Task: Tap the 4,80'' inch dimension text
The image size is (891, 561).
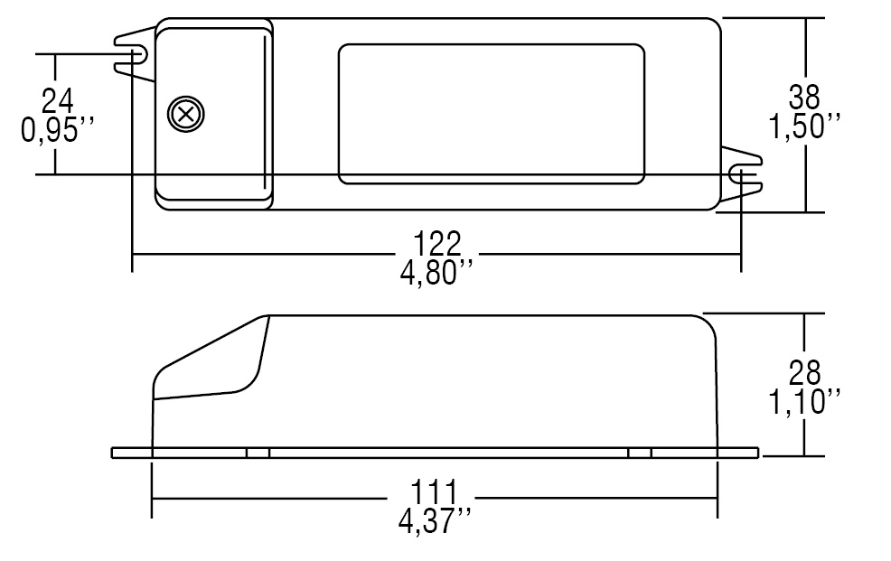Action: (437, 273)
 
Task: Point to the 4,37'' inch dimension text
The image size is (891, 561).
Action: (435, 521)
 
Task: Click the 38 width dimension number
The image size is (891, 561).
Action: (804, 97)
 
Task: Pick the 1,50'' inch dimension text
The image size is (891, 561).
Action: (804, 126)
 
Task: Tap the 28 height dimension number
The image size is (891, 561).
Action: (804, 373)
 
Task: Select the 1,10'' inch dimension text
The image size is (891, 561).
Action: (804, 402)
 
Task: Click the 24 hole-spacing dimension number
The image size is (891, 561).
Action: (58, 101)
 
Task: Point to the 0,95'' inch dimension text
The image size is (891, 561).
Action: (57, 130)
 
